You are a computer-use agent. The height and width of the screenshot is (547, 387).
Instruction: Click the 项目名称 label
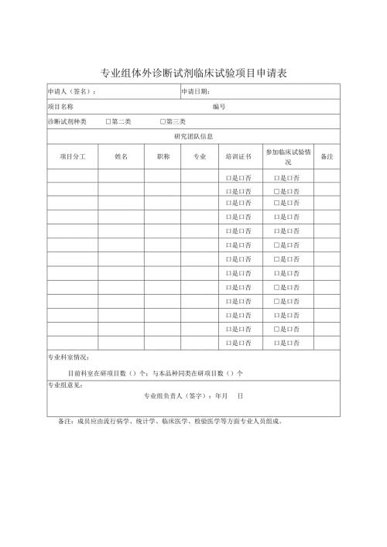pos(60,107)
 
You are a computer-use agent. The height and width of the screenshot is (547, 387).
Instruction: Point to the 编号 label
pos(218,107)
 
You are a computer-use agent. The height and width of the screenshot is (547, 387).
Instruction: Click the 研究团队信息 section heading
pos(193,136)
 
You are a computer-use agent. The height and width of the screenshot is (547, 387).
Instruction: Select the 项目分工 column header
pos(72,156)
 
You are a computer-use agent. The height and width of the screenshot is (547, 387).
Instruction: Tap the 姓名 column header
pos(121,156)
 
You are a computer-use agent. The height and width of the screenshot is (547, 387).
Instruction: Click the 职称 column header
pos(163,156)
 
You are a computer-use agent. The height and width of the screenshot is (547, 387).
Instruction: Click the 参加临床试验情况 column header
pos(288,157)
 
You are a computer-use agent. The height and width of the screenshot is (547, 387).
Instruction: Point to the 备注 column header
pos(327,156)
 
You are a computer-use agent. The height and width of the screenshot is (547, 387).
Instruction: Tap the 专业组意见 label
pos(65,385)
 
